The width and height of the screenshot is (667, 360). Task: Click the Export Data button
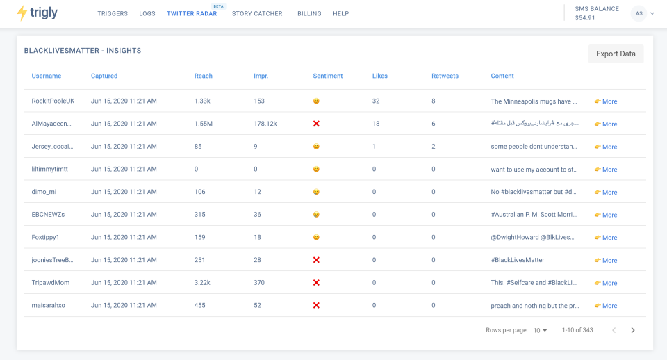[616, 54]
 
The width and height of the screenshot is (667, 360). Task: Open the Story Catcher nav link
[257, 14]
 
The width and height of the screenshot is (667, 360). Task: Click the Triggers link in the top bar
[113, 14]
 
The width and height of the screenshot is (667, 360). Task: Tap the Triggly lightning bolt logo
[22, 13]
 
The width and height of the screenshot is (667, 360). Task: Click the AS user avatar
[638, 13]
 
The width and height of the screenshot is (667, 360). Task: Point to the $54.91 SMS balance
[585, 18]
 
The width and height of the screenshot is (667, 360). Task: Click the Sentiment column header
[327, 76]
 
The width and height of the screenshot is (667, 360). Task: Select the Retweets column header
[445, 76]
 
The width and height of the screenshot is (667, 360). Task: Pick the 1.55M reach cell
[204, 124]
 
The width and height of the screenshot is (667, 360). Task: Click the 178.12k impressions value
[265, 124]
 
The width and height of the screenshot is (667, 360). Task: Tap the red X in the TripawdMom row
[316, 283]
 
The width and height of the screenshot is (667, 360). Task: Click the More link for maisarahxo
[606, 306]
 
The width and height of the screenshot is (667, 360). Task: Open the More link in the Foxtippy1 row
[606, 238]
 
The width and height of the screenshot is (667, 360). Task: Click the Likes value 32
[376, 101]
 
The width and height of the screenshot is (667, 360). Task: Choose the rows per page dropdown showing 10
[540, 330]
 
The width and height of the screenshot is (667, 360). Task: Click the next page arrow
[633, 330]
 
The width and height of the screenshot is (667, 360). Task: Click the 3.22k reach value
[203, 283]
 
